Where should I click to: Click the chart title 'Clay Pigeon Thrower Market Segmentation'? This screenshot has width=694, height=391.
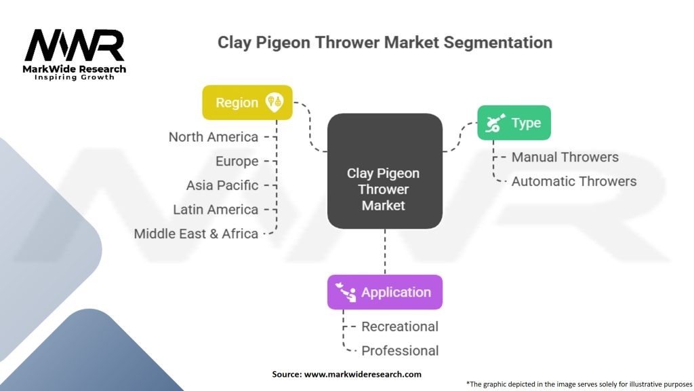click(x=384, y=43)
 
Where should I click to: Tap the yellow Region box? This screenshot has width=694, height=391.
click(x=247, y=103)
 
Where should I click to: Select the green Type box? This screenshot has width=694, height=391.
click(x=514, y=123)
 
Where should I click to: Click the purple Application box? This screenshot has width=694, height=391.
click(x=384, y=293)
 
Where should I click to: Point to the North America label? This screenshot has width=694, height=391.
click(x=213, y=137)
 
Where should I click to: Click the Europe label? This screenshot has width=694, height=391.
click(x=237, y=162)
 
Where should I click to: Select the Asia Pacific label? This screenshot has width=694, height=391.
click(x=222, y=185)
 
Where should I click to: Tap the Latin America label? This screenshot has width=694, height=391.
click(x=216, y=210)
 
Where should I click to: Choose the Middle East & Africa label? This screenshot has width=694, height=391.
click(x=196, y=234)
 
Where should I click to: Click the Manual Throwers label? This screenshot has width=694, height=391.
click(x=565, y=157)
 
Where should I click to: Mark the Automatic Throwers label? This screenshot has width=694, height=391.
click(x=573, y=181)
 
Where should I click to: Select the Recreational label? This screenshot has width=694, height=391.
click(x=400, y=327)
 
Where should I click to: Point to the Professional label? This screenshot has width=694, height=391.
click(x=400, y=351)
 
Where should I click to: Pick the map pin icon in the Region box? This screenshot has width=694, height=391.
click(x=274, y=102)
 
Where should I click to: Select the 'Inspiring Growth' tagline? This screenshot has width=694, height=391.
click(x=75, y=77)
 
